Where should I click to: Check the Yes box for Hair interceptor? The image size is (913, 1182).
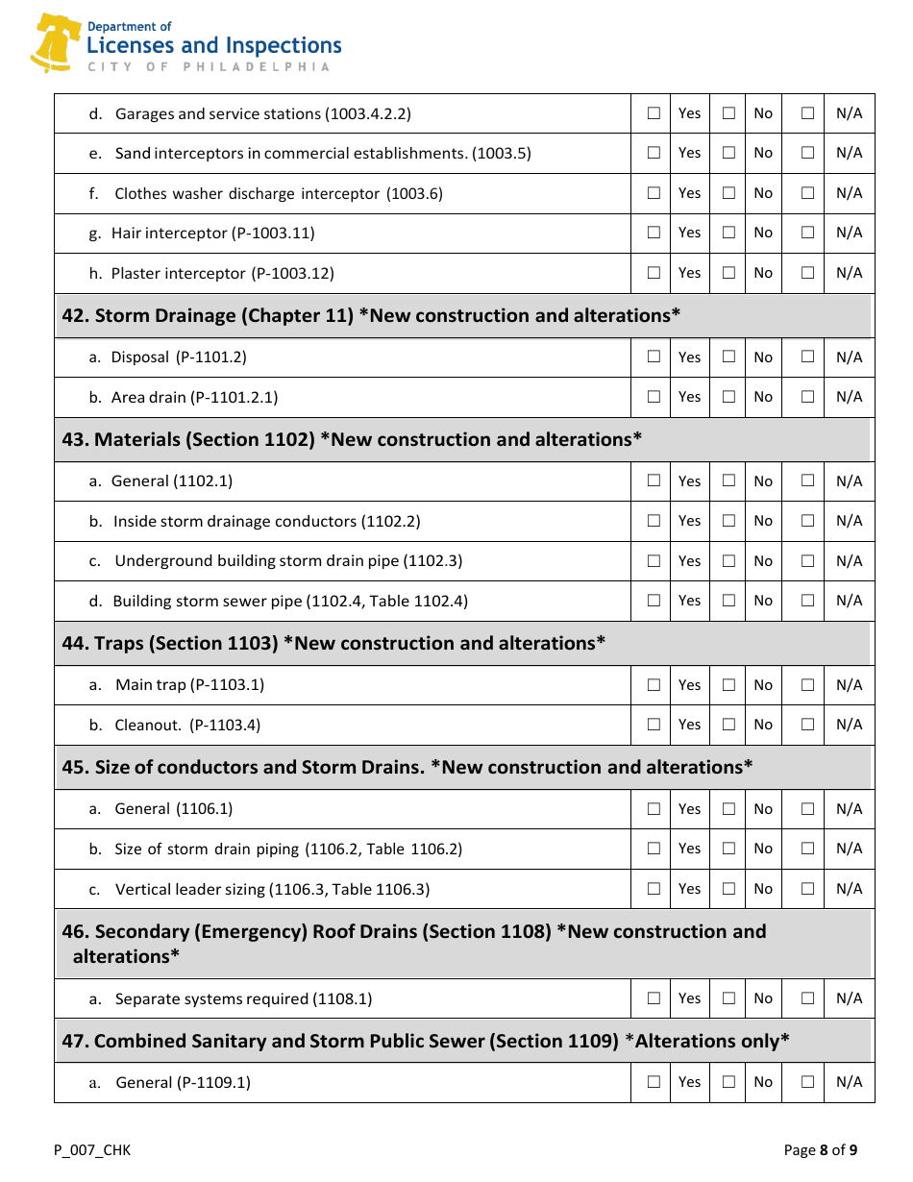pos(654,233)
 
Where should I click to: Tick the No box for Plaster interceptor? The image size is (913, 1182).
pos(728,273)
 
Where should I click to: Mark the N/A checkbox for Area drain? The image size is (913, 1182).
pos(807,397)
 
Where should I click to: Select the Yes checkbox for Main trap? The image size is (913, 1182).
pos(654,685)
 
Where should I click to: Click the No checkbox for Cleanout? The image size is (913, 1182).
pos(728,725)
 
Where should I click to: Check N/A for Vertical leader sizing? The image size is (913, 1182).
pos(807,889)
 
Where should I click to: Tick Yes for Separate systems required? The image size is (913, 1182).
pos(654,998)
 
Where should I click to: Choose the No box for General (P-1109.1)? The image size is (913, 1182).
pos(728,1082)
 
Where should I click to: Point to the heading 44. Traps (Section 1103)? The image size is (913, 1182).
pos(333,644)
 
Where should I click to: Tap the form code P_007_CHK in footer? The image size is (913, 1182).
pos(92,1150)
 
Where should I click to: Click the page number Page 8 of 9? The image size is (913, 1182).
pos(820,1150)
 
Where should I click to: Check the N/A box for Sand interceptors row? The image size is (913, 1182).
pos(807,153)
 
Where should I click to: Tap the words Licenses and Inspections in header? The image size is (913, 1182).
pos(213,45)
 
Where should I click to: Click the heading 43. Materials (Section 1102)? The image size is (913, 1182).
pos(352,440)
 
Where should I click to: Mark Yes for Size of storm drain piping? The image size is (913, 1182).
pos(654,849)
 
